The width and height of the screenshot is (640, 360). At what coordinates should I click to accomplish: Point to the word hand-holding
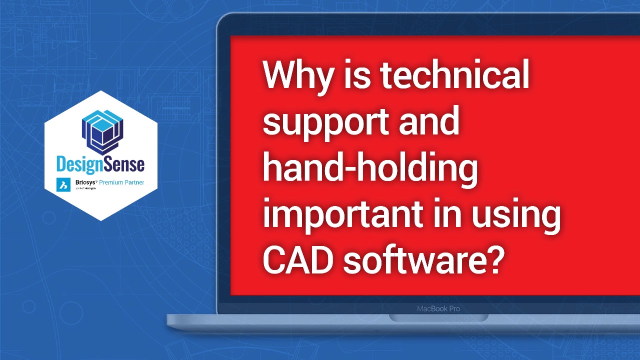click(370, 170)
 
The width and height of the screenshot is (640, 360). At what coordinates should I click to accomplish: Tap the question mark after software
click(491, 260)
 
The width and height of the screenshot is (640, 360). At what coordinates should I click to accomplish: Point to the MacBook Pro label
click(438, 308)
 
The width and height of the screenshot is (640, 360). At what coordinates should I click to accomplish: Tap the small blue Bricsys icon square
click(63, 184)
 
